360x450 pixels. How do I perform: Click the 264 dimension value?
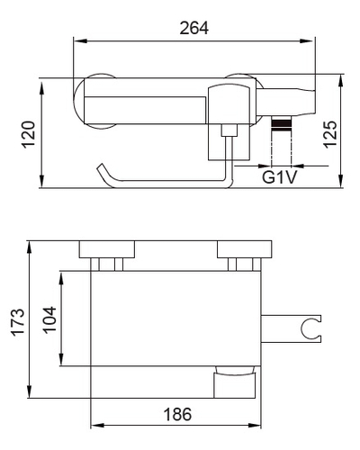pyautogui.click(x=193, y=29)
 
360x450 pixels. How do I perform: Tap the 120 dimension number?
pyautogui.click(x=29, y=134)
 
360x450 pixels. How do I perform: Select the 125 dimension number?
pyautogui.click(x=330, y=134)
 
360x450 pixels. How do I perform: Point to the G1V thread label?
pyautogui.click(x=279, y=177)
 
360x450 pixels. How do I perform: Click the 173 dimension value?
pyautogui.click(x=18, y=322)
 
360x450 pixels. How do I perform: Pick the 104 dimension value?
pyautogui.click(x=49, y=319)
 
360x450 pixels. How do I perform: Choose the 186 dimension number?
pyautogui.click(x=177, y=415)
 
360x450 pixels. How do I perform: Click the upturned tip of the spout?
pyautogui.click(x=101, y=166)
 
